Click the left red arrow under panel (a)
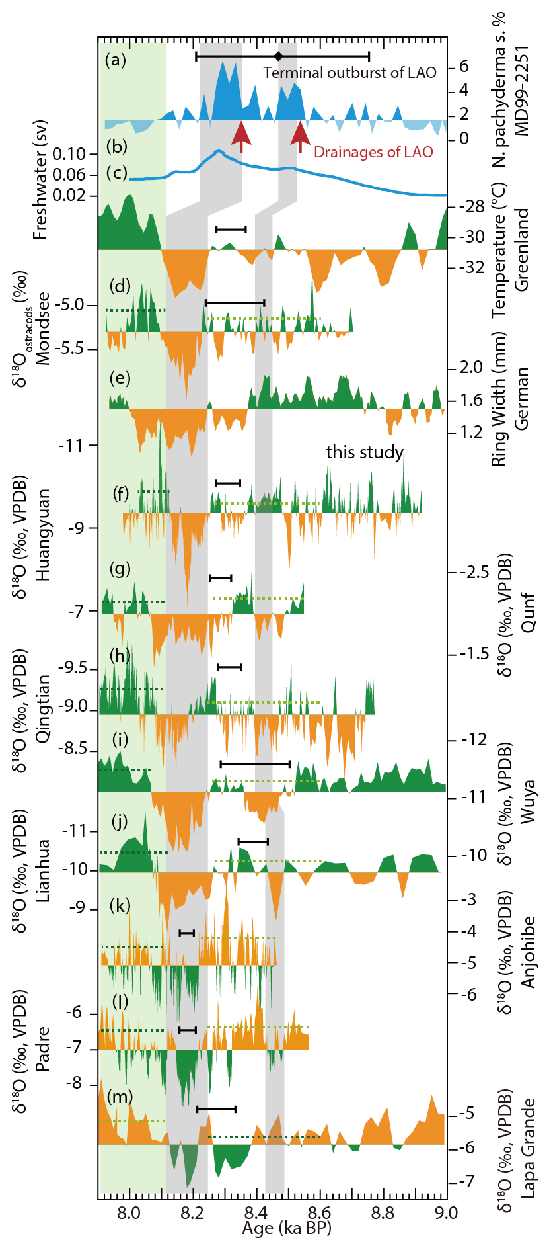[x=241, y=136]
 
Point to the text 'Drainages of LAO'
[x=373, y=153]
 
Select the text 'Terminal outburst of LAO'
[x=349, y=73]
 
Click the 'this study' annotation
[x=365, y=452]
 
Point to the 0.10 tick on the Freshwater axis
[x=69, y=154]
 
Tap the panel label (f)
[x=121, y=493]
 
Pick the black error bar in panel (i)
[x=255, y=764]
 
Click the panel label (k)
[x=120, y=905]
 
